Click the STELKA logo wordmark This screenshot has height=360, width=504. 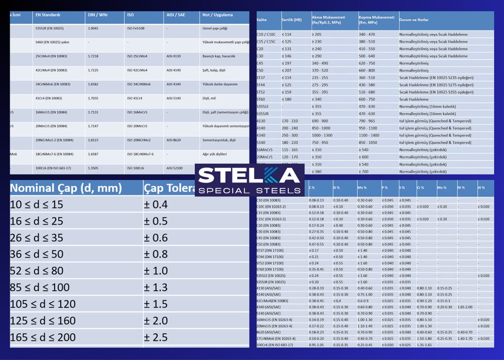coord(249,176)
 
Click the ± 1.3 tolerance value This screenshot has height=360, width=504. coord(156,287)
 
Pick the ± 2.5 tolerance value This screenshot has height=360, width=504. coord(156,337)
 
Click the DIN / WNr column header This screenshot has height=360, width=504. coord(97,15)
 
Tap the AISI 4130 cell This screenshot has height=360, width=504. coord(174,56)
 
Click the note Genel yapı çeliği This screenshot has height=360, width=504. coord(215,29)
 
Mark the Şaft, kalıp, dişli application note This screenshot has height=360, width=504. coord(215,70)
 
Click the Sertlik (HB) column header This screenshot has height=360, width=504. coord(291,20)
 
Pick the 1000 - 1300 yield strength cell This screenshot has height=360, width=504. coord(322,135)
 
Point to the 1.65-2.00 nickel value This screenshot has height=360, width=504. coord(465,307)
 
